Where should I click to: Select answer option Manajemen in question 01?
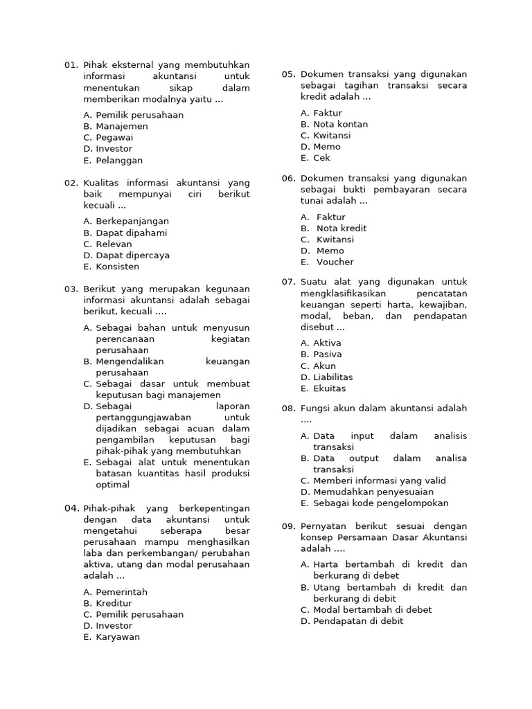[x=121, y=126]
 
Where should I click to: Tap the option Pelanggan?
[x=119, y=160]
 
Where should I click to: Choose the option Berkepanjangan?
[x=132, y=222]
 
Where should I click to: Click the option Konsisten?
[x=117, y=267]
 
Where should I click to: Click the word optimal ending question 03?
[x=112, y=485]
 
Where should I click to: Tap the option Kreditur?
[x=114, y=603]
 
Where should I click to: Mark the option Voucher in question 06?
[x=335, y=262]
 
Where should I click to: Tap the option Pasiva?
[x=327, y=354]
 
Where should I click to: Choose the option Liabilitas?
[x=332, y=377]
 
